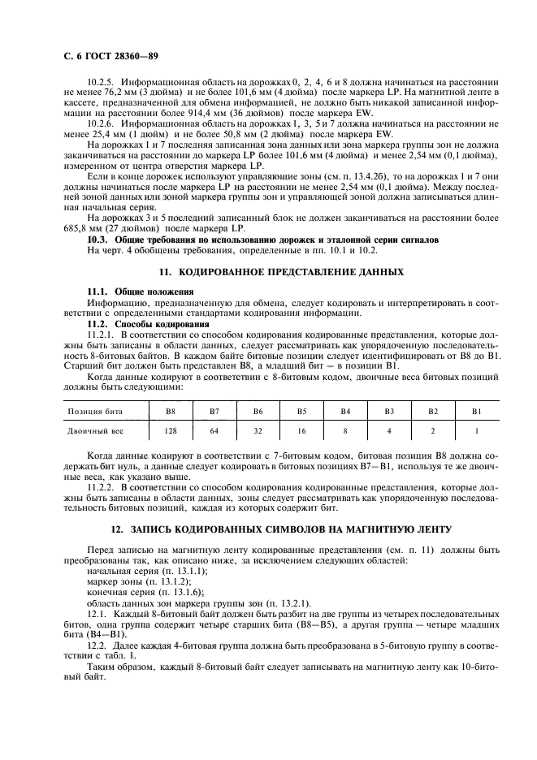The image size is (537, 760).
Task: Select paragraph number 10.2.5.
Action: click(x=102, y=82)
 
